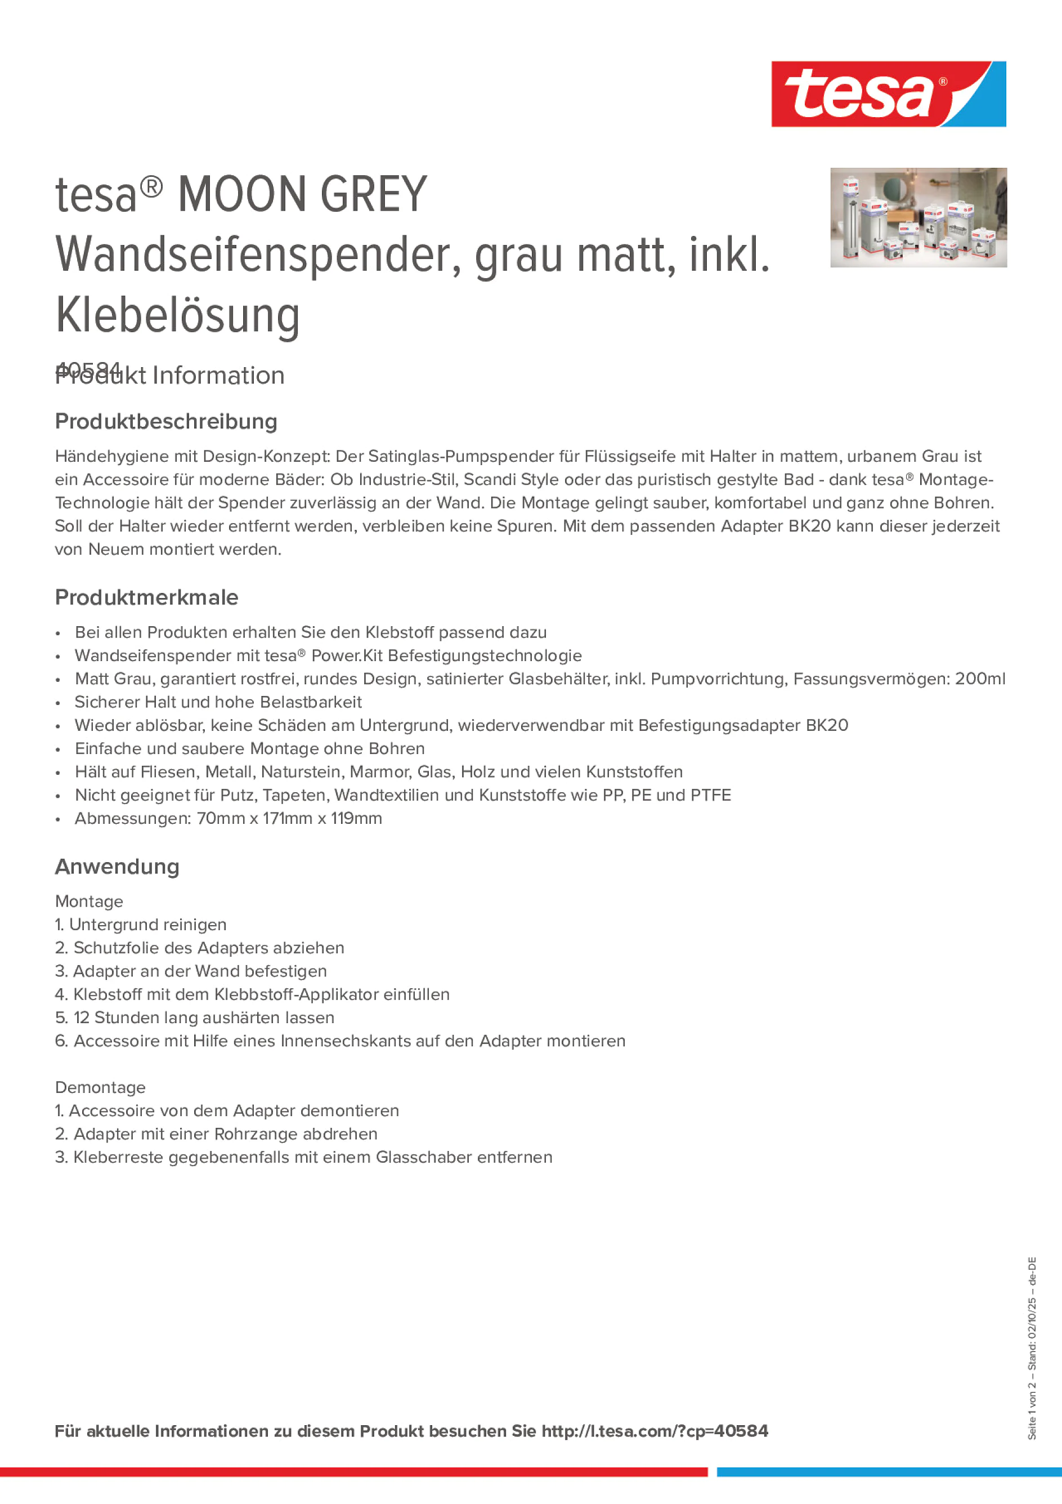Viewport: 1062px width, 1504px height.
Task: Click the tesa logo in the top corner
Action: pos(888,95)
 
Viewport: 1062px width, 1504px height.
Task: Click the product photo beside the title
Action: pos(918,217)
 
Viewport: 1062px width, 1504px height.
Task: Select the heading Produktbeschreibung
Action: pos(165,421)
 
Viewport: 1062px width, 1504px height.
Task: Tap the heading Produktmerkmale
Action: pos(147,597)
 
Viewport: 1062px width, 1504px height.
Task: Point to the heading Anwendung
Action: pos(117,867)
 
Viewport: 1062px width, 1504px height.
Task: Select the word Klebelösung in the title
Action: pos(177,315)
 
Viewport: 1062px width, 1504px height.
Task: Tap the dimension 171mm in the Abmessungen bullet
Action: pos(288,818)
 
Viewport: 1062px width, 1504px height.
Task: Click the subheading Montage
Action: pos(89,901)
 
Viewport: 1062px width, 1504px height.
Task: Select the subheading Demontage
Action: pos(100,1087)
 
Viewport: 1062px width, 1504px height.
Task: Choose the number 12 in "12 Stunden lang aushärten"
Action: pos(81,1017)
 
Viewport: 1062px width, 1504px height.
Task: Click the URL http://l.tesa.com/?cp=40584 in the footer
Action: pos(654,1431)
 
